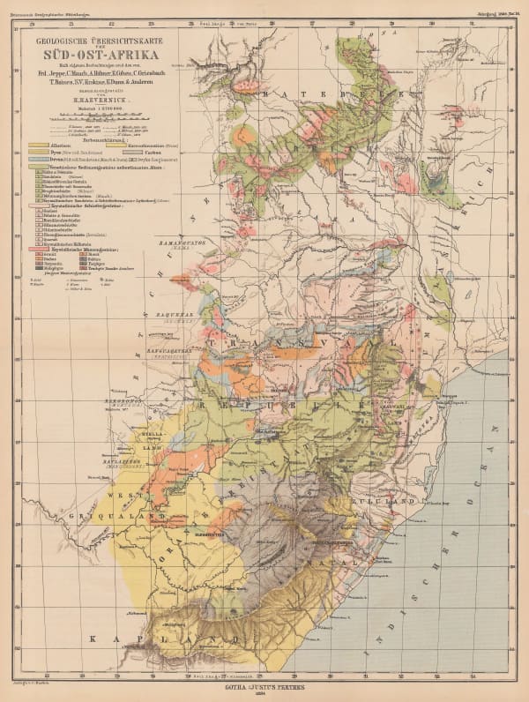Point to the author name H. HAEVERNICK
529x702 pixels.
pyautogui.click(x=105, y=101)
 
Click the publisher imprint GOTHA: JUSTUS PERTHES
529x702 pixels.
pyautogui.click(x=264, y=682)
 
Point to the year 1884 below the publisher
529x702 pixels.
pyautogui.click(x=264, y=691)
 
